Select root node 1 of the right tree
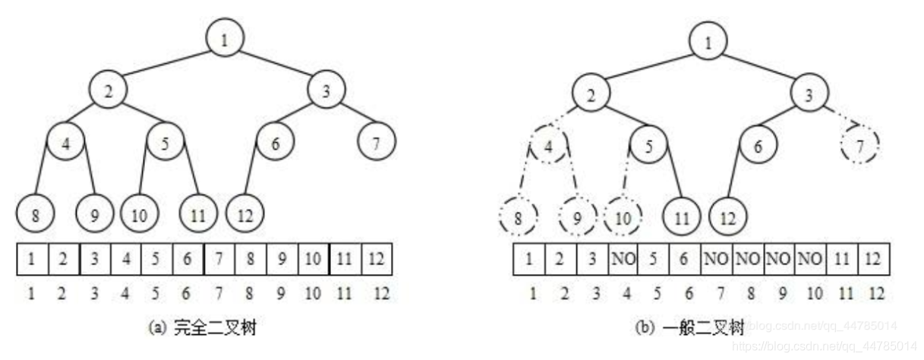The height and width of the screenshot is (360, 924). click(x=708, y=41)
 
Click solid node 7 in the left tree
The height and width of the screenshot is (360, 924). click(x=377, y=143)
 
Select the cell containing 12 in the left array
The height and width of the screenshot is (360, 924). click(x=377, y=257)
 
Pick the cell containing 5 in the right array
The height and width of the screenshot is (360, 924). click(x=654, y=258)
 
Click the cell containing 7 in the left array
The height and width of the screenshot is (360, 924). click(x=219, y=257)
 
